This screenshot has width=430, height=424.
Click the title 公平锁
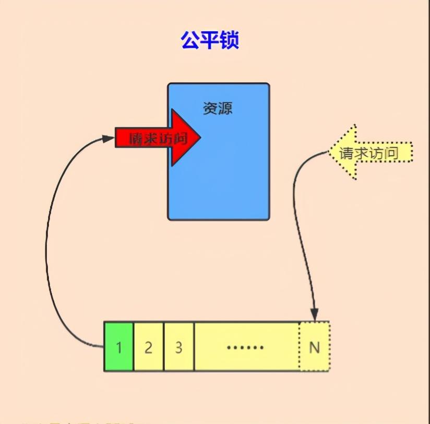(210, 40)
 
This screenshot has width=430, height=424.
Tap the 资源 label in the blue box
(218, 109)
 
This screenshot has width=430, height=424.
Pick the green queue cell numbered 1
(119, 347)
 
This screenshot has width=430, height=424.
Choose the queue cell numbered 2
(149, 347)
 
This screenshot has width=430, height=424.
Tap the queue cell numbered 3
(179, 347)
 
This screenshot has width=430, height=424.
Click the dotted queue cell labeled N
(315, 347)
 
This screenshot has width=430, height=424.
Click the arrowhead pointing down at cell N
(315, 315)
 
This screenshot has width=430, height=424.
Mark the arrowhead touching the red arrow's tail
(109, 139)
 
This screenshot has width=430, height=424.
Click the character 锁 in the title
(230, 40)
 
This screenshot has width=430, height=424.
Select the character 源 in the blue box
(225, 109)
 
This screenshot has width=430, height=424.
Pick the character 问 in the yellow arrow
(391, 153)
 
